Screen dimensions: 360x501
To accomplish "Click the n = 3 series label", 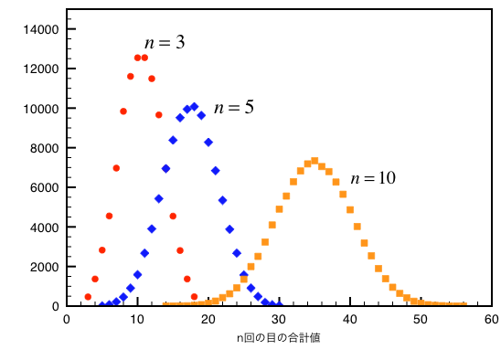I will point(165,42).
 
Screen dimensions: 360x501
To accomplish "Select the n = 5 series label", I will point(233,107).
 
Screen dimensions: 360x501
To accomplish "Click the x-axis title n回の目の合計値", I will point(278,337).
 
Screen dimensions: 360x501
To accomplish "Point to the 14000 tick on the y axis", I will point(41,29).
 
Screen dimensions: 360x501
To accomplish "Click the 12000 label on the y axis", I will point(41,69).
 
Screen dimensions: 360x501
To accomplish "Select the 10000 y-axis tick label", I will point(41,109).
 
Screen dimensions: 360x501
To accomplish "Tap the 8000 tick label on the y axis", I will point(44,148).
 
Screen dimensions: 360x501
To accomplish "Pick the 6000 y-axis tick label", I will point(44,187).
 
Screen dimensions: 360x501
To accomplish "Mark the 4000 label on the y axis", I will point(44,227).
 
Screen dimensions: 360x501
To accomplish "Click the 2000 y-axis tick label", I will point(44,267).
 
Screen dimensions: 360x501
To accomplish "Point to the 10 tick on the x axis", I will point(137,319).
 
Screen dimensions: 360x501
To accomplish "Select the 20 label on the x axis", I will point(208,319).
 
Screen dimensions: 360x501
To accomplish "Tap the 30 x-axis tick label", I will point(279,319).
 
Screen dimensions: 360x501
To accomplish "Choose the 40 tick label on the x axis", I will point(349,319).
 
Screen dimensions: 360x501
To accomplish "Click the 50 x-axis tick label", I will point(421,319).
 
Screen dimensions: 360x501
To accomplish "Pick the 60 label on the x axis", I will point(491,319).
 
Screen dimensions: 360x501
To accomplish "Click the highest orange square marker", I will point(314,161).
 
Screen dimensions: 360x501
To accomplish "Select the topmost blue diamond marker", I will point(194,107).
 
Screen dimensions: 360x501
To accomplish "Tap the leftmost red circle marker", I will point(88,297).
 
